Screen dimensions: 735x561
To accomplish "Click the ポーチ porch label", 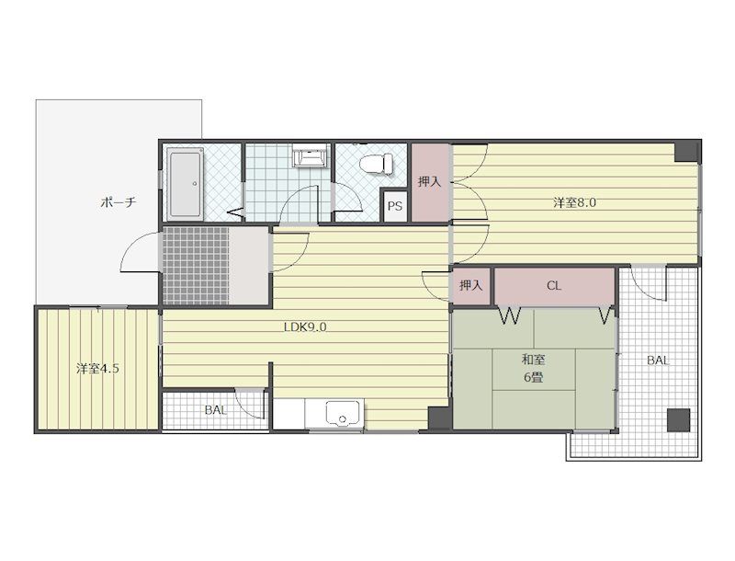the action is click(119, 202).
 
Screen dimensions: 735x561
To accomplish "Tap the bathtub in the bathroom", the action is click(186, 184).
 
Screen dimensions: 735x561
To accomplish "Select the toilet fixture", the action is click(377, 164).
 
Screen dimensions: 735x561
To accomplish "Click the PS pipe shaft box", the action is click(395, 205).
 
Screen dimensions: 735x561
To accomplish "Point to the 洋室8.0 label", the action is click(575, 203).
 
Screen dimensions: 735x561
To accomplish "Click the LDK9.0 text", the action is click(305, 326).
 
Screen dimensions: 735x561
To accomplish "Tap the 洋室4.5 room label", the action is click(98, 369).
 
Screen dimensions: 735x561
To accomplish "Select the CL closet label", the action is click(554, 286).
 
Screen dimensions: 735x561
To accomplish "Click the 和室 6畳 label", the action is click(534, 369).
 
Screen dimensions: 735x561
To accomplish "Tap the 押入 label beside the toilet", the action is click(430, 182).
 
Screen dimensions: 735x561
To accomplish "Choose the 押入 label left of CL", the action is click(470, 285).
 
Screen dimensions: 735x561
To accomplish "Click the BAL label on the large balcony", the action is click(658, 361).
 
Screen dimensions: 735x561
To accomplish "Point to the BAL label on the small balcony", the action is click(216, 410).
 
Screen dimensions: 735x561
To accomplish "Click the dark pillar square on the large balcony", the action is click(679, 420).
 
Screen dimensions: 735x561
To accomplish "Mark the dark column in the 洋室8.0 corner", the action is click(687, 152).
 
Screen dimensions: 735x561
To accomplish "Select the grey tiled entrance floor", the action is click(196, 266).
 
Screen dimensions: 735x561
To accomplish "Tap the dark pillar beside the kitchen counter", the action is click(439, 418).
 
